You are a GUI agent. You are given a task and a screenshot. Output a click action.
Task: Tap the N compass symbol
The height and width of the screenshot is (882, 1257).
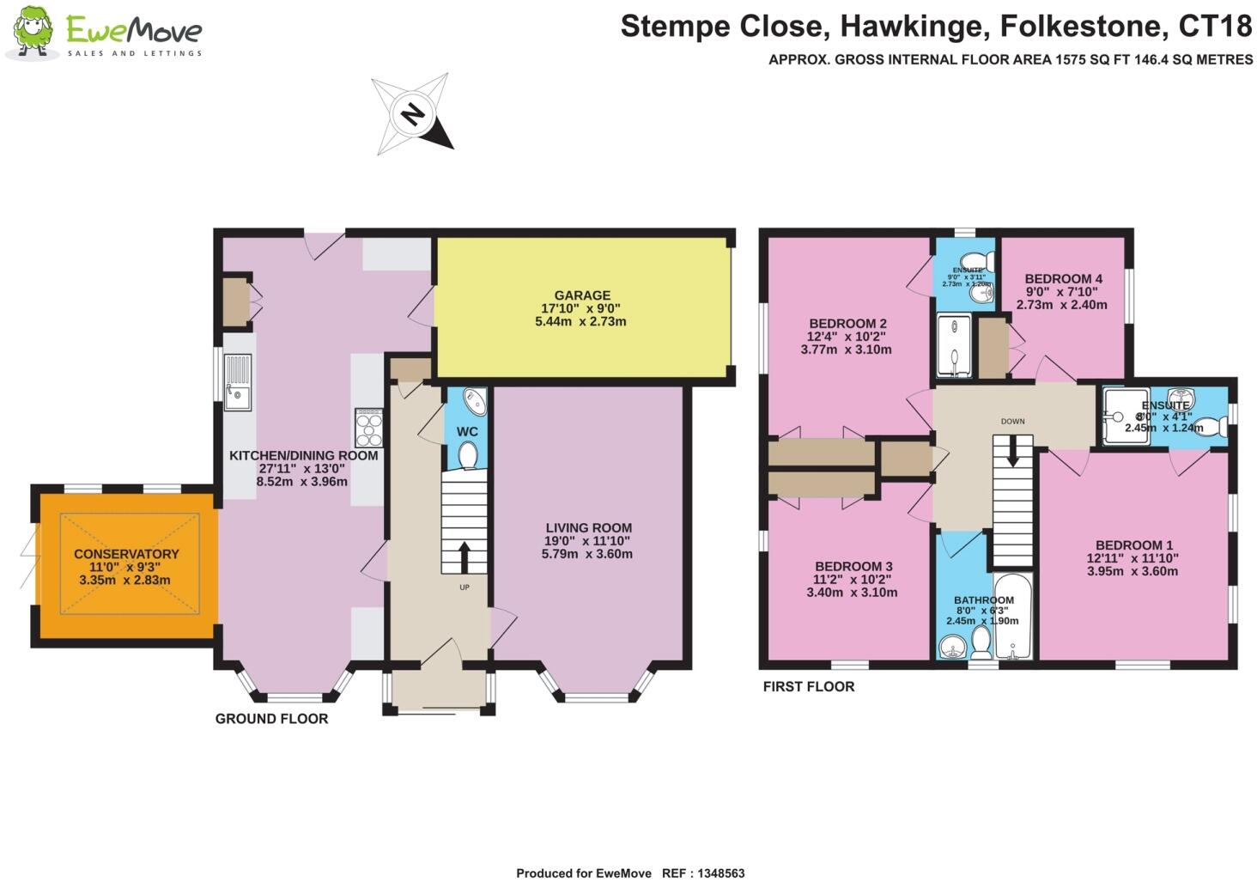413,114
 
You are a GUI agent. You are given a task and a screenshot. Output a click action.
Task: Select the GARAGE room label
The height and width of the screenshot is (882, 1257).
581,295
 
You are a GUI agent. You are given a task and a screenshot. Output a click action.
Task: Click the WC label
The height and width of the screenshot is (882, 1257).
467,431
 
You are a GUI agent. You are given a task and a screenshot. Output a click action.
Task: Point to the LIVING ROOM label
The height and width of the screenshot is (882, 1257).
588,528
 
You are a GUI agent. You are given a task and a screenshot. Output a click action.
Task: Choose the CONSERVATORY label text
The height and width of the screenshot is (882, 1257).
126,554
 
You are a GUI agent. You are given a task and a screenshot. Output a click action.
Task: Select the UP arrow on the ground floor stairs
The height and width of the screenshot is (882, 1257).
465,557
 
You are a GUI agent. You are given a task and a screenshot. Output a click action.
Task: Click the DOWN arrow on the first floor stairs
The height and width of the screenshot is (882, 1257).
1013,452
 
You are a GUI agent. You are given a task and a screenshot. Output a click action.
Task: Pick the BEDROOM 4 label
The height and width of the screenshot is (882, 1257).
1063,279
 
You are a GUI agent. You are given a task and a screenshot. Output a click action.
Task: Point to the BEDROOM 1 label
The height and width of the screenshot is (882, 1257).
1133,545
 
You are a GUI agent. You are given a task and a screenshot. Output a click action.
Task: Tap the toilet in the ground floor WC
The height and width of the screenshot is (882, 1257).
468,455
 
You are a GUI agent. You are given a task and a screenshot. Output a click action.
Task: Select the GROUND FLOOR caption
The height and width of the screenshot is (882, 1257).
271,719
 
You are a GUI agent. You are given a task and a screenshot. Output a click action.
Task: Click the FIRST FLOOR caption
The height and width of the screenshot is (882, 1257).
809,687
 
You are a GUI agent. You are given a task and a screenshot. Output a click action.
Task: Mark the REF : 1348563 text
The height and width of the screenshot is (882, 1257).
703,873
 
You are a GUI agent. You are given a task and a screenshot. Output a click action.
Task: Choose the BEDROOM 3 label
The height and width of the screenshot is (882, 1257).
853,567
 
